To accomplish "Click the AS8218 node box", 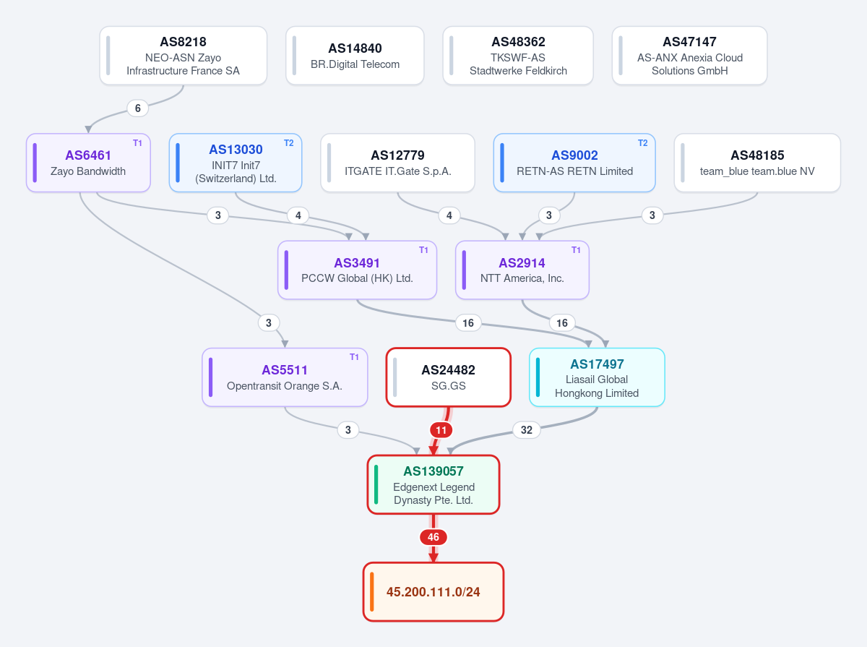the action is tap(184, 56).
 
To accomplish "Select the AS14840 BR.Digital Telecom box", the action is tap(355, 56).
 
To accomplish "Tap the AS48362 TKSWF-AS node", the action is tap(518, 56).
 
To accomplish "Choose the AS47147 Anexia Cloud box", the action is tap(689, 56).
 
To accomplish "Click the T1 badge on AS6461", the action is tap(137, 143).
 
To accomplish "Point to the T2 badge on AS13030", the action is tap(289, 143).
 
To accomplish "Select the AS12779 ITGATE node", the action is tap(397, 163).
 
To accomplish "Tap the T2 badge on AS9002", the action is tap(642, 143).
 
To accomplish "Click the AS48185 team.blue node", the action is tap(757, 163).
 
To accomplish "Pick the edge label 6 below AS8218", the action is tap(137, 108).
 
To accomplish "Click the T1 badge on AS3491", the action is tap(423, 250).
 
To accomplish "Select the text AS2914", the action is tap(522, 263).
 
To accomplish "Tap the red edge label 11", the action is tap(441, 430).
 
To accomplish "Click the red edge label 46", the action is tap(433, 537).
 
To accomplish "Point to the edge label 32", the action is tap(526, 430).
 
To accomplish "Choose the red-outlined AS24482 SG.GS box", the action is tap(449, 377).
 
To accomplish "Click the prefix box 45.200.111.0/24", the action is tap(433, 591).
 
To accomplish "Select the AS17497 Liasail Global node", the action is tap(597, 377).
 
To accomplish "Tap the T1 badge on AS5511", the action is tap(354, 357).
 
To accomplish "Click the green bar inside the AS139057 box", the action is tap(376, 484).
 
